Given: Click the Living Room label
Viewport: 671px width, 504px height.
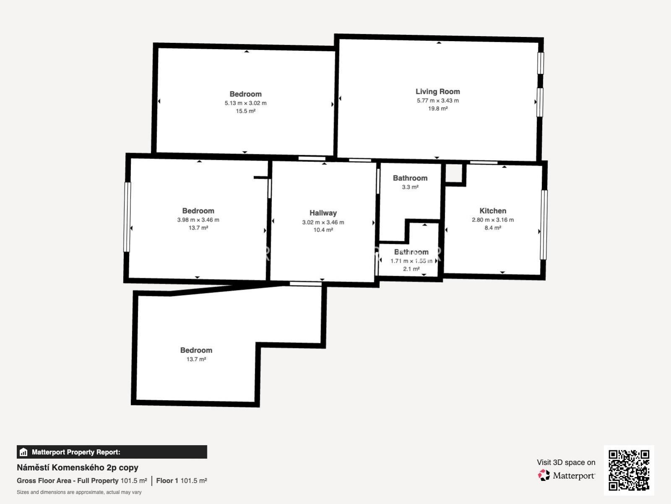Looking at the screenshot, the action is [437, 92].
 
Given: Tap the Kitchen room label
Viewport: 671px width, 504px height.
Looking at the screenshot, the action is [493, 211].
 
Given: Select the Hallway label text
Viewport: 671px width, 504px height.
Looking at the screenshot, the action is [323, 213].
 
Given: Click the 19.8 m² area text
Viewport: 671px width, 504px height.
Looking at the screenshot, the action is [438, 108].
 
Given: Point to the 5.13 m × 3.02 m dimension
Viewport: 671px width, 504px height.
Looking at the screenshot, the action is [245, 103].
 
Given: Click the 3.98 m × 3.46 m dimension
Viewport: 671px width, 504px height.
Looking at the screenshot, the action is [198, 220].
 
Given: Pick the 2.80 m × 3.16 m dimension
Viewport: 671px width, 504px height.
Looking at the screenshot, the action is [493, 220].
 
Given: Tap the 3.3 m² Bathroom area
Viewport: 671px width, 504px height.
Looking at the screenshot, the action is [410, 187].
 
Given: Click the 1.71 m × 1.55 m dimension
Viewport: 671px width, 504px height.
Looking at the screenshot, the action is [411, 261].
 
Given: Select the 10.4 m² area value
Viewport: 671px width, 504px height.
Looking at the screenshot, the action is [323, 230].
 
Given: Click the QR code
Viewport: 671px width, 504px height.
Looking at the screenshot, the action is [629, 470].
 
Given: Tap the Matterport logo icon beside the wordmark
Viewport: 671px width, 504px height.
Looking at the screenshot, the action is [544, 475].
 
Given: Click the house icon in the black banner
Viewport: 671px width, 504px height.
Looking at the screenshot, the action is [23, 452].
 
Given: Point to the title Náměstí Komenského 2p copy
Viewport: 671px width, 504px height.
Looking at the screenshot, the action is [77, 467].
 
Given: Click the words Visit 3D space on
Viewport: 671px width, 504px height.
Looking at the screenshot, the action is [566, 462].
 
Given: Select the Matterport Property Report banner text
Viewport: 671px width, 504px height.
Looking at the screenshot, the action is [76, 452].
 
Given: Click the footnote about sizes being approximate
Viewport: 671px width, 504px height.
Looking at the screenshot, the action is [79, 492].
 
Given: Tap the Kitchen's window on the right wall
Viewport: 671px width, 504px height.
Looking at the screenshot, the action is [543, 225].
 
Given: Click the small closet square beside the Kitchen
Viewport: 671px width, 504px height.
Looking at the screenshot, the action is [454, 174].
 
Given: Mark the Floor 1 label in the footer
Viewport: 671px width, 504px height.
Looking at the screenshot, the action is [167, 481].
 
